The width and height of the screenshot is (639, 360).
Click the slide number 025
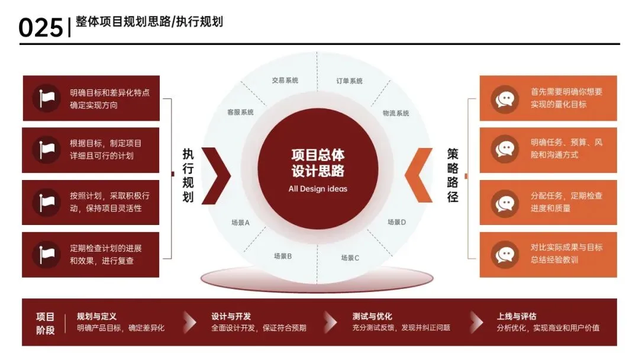click(x=40, y=27)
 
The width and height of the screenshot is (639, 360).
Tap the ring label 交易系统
click(x=285, y=80)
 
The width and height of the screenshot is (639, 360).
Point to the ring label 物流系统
click(x=396, y=112)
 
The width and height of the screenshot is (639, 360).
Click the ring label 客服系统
click(x=240, y=111)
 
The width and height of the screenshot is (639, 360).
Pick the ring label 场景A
click(x=241, y=223)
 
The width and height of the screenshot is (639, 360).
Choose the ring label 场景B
click(x=283, y=256)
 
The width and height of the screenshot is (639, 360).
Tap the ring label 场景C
click(x=350, y=258)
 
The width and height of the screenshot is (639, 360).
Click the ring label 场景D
click(x=397, y=222)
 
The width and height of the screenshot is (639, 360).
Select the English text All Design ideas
click(x=318, y=189)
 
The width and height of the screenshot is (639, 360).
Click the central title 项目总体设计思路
click(x=318, y=163)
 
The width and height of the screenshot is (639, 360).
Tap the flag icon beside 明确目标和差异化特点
click(x=47, y=98)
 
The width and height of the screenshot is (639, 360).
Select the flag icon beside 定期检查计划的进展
click(x=47, y=254)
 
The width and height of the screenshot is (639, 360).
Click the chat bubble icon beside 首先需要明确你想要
click(x=505, y=98)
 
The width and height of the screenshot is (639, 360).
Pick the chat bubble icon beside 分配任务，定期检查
click(x=505, y=202)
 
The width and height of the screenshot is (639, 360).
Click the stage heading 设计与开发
click(x=231, y=316)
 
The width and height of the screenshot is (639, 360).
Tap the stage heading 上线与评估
click(x=517, y=316)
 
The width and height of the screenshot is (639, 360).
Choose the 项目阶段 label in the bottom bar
click(x=46, y=323)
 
